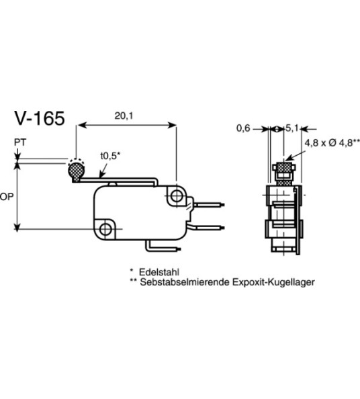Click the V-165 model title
(40, 119)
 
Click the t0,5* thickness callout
(109, 156)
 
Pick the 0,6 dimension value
(242, 128)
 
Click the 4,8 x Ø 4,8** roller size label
(332, 142)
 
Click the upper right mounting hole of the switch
(177, 197)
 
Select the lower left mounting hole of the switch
(106, 229)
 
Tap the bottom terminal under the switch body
(164, 246)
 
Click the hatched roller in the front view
(285, 168)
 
